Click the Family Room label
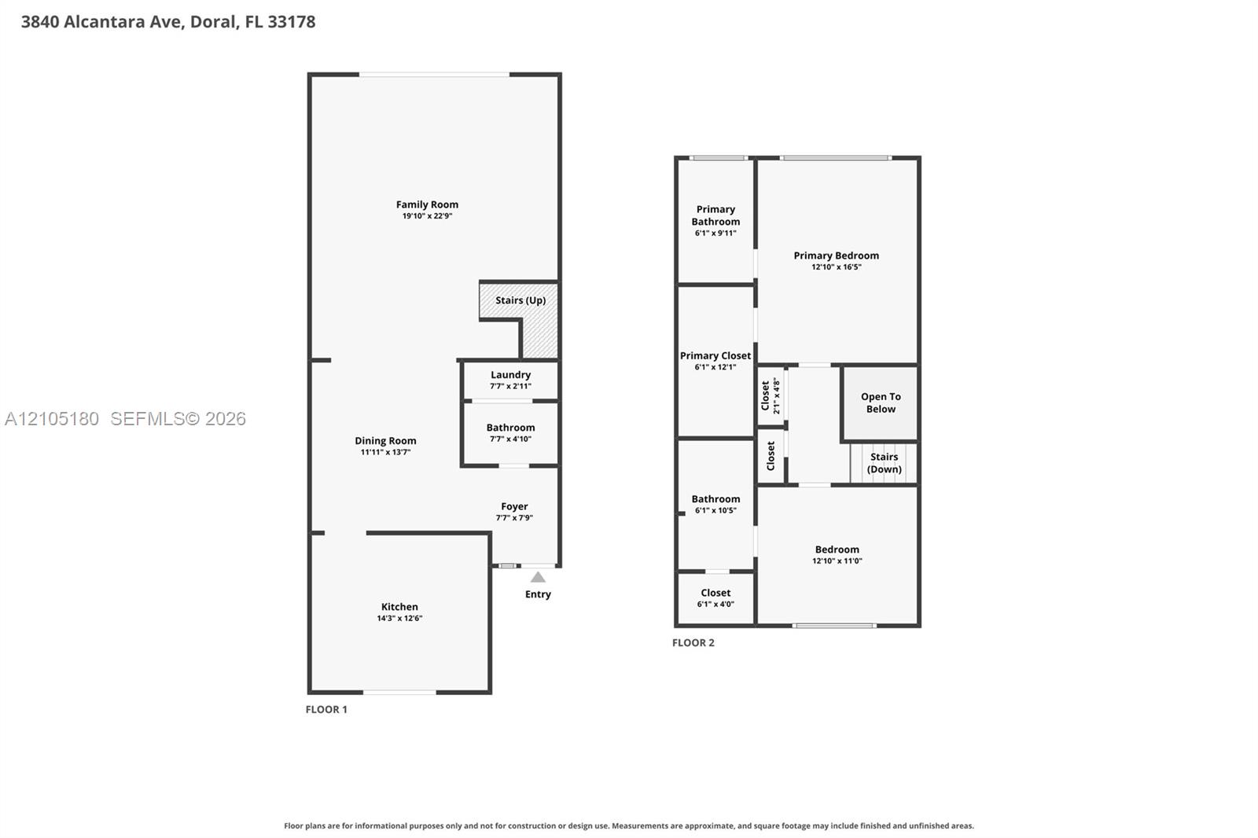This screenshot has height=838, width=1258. click(x=427, y=204)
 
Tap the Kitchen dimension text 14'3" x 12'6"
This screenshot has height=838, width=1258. click(x=399, y=619)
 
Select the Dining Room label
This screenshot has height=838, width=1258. click(x=385, y=441)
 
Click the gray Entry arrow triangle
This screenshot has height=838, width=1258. click(x=538, y=577)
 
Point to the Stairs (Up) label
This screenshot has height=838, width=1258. click(x=520, y=300)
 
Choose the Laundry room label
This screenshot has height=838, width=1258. click(x=510, y=375)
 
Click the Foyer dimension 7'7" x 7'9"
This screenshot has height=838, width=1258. click(x=514, y=518)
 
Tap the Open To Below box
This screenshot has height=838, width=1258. click(x=880, y=403)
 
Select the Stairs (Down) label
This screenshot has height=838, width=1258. click(x=884, y=463)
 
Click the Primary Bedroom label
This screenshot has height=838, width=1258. click(x=837, y=255)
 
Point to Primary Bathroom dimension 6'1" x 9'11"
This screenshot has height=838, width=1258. click(x=715, y=233)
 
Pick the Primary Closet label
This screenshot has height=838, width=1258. click(x=715, y=355)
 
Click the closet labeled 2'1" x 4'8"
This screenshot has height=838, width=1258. click(x=771, y=396)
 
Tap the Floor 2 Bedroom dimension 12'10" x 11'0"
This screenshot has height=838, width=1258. click(x=837, y=561)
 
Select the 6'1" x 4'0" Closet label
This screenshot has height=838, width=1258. click(x=715, y=593)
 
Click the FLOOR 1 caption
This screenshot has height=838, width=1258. click(x=326, y=709)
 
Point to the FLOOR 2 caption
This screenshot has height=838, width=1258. click(x=693, y=642)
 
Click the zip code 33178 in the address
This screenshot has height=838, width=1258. click(x=292, y=22)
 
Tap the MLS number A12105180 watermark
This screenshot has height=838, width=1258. click(x=52, y=418)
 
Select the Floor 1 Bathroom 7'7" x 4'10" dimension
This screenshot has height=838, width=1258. click(x=510, y=439)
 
